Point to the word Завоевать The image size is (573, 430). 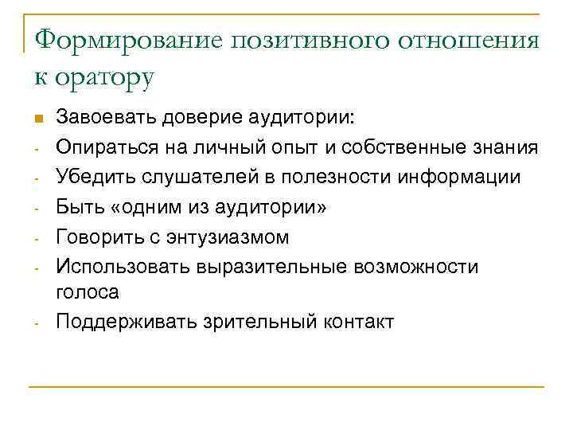[x=105, y=119]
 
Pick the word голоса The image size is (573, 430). [x=88, y=293]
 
